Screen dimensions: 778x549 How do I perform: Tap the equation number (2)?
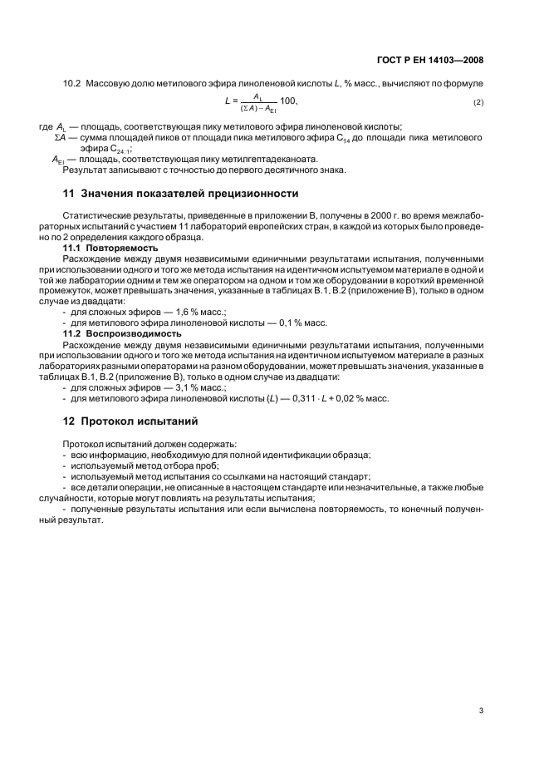pyautogui.click(x=478, y=101)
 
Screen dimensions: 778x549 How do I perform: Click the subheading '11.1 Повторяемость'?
pyautogui.click(x=111, y=249)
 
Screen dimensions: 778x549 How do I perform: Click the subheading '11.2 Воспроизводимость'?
pyautogui.click(x=122, y=333)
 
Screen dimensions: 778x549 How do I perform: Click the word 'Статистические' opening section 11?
pyautogui.click(x=91, y=216)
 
